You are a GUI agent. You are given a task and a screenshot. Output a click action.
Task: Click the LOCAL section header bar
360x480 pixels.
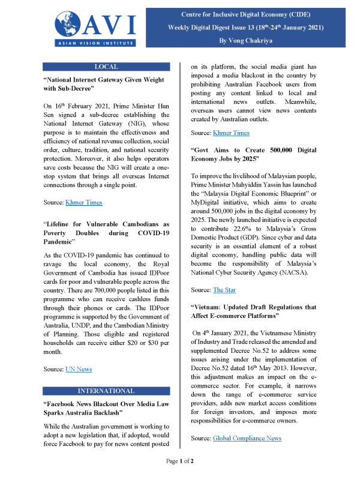(x=106, y=67)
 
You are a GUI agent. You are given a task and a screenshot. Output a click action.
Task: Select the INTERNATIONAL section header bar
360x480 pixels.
(x=106, y=391)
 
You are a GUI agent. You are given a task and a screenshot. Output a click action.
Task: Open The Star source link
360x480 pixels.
(x=225, y=290)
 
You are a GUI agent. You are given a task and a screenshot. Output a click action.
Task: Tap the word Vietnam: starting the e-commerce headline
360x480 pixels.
(x=211, y=307)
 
